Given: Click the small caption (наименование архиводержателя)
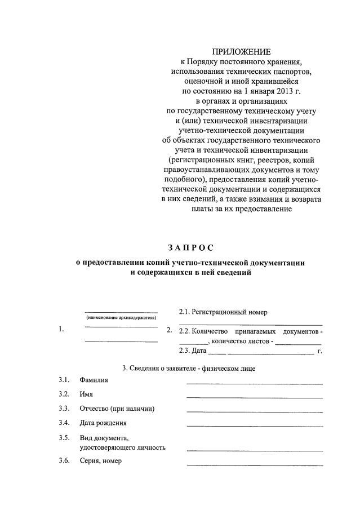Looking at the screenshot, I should tap(121, 318).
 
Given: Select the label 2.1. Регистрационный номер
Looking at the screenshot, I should tap(223, 312).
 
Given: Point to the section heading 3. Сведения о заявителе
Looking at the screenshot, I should tap(189, 369).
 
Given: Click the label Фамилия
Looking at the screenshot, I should tap(94, 380).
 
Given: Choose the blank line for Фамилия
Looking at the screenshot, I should tap(255, 384).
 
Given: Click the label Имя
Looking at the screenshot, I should tap(86, 394).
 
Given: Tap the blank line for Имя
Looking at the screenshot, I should tap(255, 398).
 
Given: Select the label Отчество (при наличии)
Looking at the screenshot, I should tap(117, 409).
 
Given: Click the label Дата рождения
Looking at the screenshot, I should tap(103, 423).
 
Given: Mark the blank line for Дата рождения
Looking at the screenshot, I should tap(255, 427).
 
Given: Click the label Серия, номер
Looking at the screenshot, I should tap(101, 461).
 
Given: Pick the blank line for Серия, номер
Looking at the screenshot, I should tap(255, 465).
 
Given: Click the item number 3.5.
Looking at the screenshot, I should tap(64, 438).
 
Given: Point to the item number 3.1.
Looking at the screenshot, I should tap(64, 380).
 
